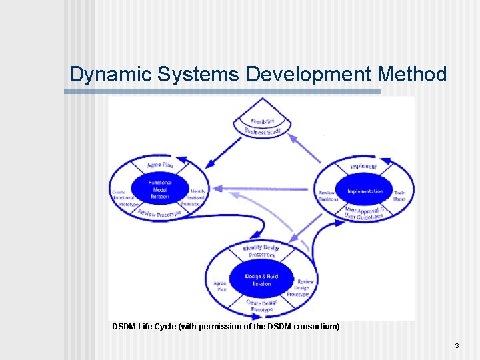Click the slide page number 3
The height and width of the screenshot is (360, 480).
click(457, 345)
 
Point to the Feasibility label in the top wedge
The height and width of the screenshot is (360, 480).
click(263, 121)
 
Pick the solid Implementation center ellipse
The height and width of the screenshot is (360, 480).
click(365, 191)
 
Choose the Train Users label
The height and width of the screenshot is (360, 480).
click(399, 196)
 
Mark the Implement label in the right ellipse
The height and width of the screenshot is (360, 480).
click(363, 166)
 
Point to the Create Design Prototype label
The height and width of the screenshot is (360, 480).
click(261, 306)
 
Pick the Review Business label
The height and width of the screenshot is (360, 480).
click(327, 196)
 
